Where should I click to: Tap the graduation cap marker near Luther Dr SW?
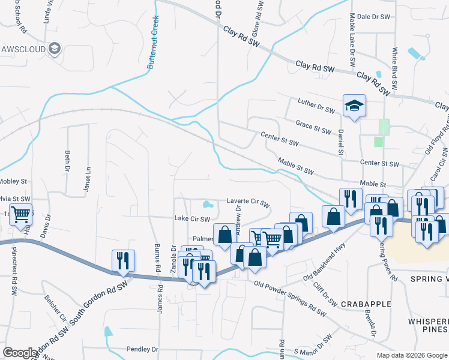tap(354, 106)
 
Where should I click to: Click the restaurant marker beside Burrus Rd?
tap(123, 260)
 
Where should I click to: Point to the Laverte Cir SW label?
tap(248, 202)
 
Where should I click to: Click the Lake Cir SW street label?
tap(192, 219)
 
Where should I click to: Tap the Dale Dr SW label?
tap(370, 17)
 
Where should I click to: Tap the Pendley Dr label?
tap(142, 349)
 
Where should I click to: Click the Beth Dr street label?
tap(67, 161)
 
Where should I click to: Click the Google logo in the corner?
tap(20, 353)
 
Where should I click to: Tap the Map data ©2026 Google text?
tap(412, 355)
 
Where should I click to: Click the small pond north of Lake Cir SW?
tap(208, 203)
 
